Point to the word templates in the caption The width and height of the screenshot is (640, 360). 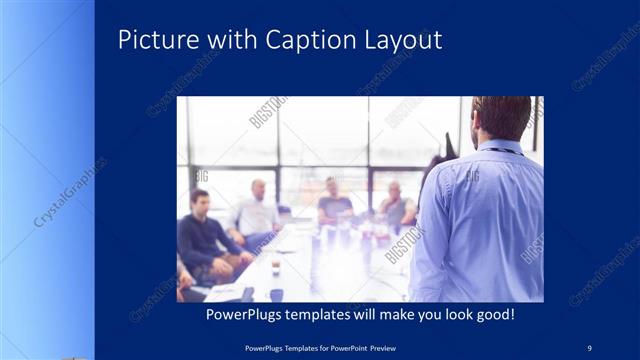(x=328, y=314)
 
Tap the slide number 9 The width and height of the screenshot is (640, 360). (x=589, y=347)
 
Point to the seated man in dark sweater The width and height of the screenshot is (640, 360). (x=203, y=235)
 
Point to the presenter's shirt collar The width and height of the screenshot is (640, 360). (x=499, y=146)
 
